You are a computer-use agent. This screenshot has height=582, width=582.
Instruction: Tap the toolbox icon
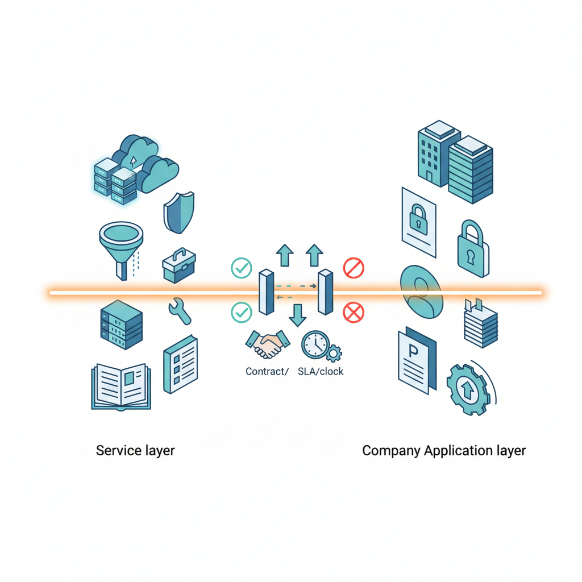179,265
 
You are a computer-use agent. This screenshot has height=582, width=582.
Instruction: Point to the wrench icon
180,311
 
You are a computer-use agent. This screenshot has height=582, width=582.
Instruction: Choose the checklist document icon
180,364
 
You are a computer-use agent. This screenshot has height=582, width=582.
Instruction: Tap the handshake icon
267,344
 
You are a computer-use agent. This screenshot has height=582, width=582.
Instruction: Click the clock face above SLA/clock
315,344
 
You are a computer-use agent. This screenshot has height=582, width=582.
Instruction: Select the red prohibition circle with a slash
354,268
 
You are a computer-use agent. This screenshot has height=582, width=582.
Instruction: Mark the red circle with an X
354,312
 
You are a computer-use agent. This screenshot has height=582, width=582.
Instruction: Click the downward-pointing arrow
297,314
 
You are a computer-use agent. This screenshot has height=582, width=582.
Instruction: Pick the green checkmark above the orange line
242,268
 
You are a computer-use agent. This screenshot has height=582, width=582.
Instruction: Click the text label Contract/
267,372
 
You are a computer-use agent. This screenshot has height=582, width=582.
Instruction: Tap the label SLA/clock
321,372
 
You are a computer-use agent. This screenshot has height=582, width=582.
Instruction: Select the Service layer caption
135,451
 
